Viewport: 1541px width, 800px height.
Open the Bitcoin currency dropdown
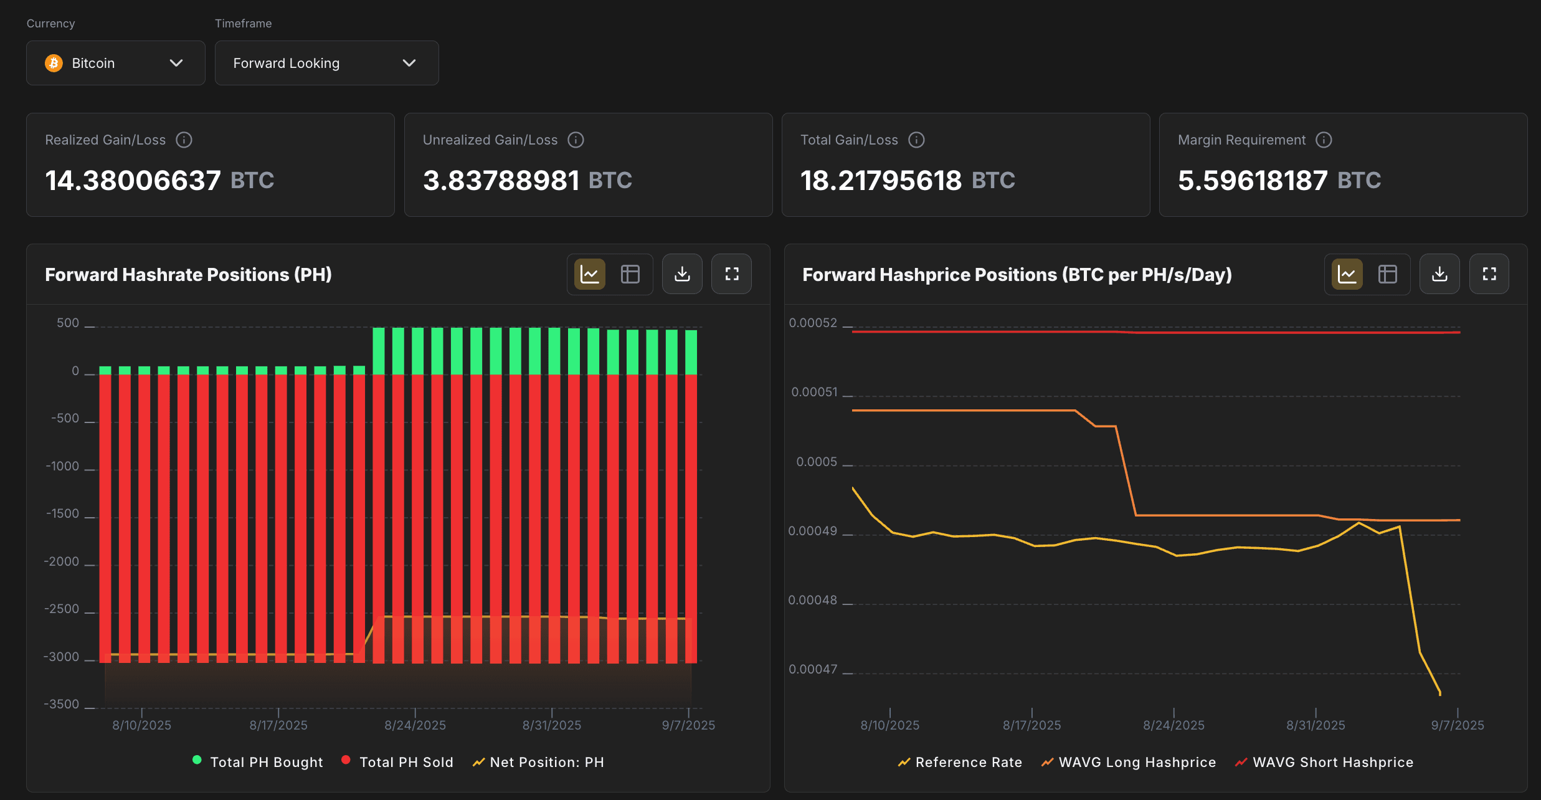click(x=115, y=63)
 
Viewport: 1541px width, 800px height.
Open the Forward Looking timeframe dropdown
click(x=326, y=63)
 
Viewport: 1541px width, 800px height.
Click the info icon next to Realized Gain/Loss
click(x=184, y=140)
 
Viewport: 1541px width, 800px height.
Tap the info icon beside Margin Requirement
click(x=1324, y=140)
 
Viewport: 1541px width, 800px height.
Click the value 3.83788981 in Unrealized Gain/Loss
click(x=501, y=181)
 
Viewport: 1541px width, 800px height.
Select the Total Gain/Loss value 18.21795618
click(x=881, y=181)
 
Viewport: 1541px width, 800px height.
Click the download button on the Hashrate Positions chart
click(x=682, y=274)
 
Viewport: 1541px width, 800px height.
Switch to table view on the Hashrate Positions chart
click(x=630, y=274)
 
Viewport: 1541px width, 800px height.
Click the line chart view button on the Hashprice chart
click(x=1347, y=274)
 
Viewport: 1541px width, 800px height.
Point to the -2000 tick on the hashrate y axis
click(x=62, y=562)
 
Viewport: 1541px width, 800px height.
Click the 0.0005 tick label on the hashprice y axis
click(x=817, y=462)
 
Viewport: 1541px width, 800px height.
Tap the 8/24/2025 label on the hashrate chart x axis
click(x=415, y=725)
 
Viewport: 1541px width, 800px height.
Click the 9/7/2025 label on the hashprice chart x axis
click(x=1457, y=725)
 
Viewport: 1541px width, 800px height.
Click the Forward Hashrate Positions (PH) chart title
click(x=188, y=275)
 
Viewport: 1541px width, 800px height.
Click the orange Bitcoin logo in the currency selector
click(x=54, y=63)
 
